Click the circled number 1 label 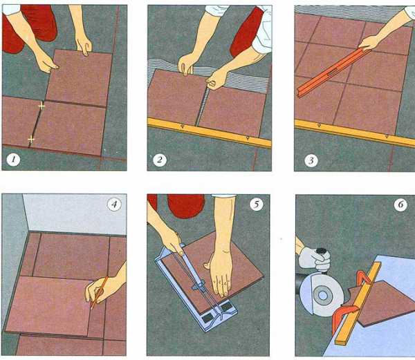point(13,160)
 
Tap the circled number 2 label point(160,160)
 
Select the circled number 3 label point(311,160)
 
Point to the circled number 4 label point(114,205)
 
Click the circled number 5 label point(257,204)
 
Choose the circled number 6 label point(400,205)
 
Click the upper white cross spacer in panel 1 point(41,106)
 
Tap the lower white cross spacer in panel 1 point(31,139)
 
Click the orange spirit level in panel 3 point(333,72)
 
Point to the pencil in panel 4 point(99,293)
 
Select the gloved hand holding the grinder point(315,258)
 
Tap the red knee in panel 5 point(186,206)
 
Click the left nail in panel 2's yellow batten point(183,126)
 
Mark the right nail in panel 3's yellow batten point(387,137)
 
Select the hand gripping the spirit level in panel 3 point(370,43)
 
